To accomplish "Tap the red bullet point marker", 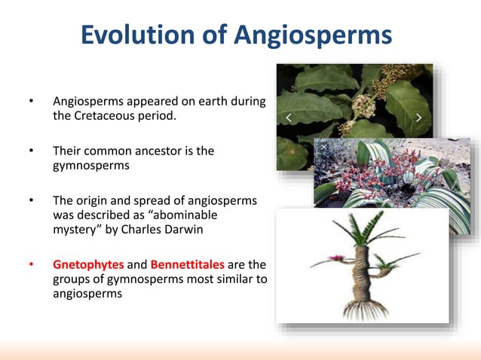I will [x=31, y=265].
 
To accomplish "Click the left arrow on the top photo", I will [x=288, y=117].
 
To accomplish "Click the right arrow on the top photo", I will [x=419, y=117].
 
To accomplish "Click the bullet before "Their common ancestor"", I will [x=31, y=151].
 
